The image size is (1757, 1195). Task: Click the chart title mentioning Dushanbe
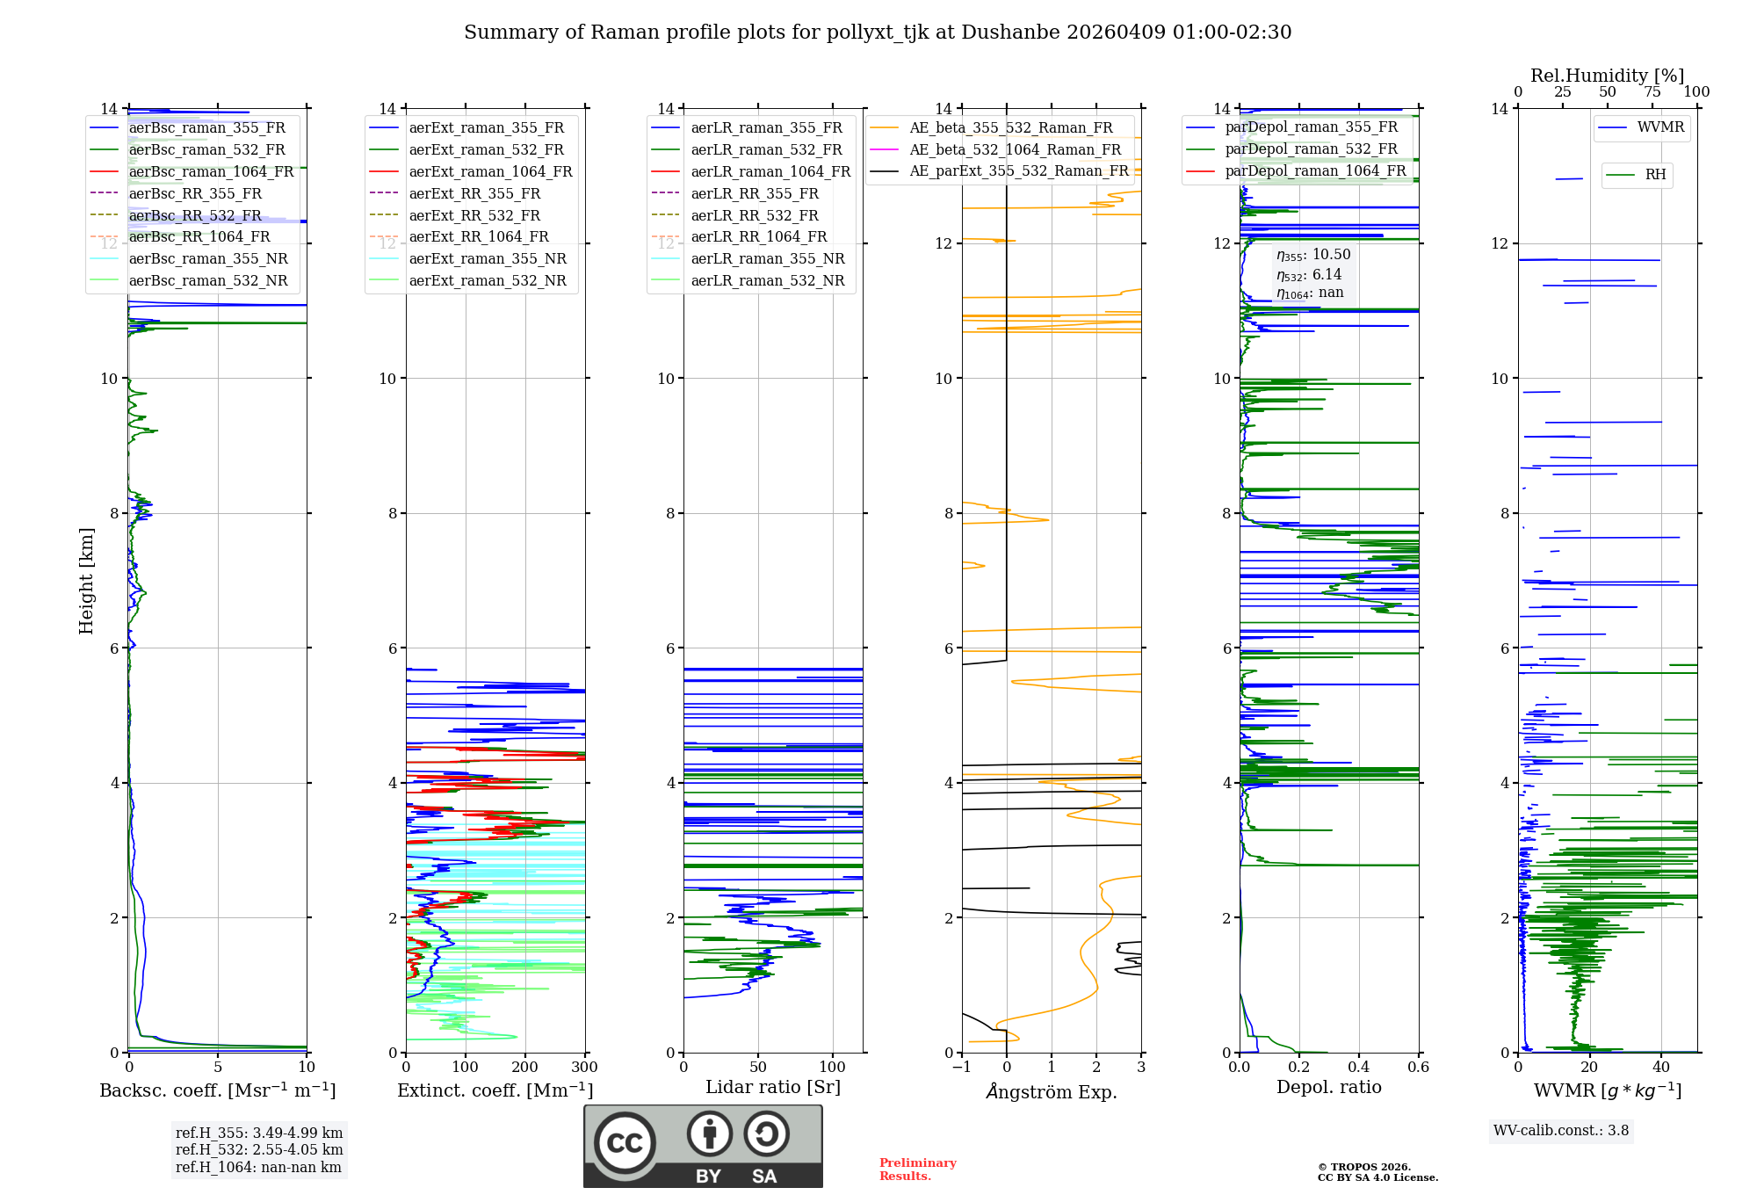pyautogui.click(x=877, y=33)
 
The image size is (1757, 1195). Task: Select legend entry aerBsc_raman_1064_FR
pyautogui.click(x=211, y=172)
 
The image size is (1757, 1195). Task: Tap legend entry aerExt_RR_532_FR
pyautogui.click(x=474, y=216)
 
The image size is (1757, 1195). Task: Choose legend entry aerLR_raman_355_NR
pyautogui.click(x=767, y=259)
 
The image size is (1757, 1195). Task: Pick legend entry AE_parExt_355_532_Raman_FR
pyautogui.click(x=1018, y=171)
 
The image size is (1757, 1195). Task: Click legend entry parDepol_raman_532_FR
pyautogui.click(x=1311, y=149)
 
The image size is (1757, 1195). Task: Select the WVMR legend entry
pyautogui.click(x=1659, y=127)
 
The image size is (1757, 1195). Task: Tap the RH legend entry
pyautogui.click(x=1655, y=175)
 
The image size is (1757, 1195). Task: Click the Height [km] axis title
pyautogui.click(x=86, y=581)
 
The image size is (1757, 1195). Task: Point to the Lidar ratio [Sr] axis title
pyautogui.click(x=772, y=1088)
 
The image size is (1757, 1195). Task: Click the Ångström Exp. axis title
pyautogui.click(x=1052, y=1092)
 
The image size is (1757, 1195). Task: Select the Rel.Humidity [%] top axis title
pyautogui.click(x=1607, y=76)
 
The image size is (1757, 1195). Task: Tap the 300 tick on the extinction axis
pyautogui.click(x=584, y=1068)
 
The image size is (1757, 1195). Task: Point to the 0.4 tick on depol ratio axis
pyautogui.click(x=1358, y=1068)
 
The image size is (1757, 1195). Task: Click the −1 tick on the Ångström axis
pyautogui.click(x=961, y=1068)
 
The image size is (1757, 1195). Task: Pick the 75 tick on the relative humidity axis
pyautogui.click(x=1652, y=92)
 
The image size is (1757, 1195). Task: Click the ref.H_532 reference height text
pyautogui.click(x=258, y=1150)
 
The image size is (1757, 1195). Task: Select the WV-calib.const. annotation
pyautogui.click(x=1560, y=1131)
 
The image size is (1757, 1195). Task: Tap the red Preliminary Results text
pyautogui.click(x=917, y=1170)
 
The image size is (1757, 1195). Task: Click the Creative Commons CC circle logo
pyautogui.click(x=625, y=1143)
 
